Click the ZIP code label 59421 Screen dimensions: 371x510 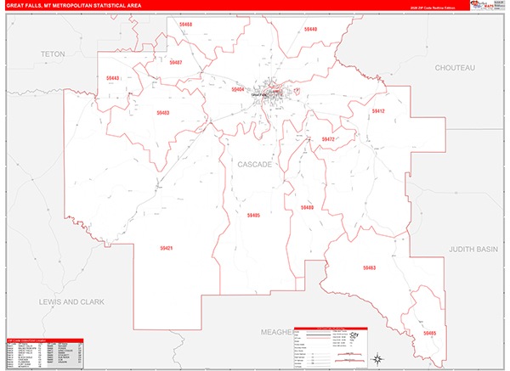point(166,248)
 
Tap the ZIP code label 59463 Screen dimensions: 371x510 point(368,267)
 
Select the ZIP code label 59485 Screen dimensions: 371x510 point(429,334)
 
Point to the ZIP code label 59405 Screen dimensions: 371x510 point(253,216)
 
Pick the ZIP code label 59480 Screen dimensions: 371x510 point(306,207)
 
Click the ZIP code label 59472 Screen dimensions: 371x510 point(329,138)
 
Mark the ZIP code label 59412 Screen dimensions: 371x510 point(378,111)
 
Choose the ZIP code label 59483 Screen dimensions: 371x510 point(162,112)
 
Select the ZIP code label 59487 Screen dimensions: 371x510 point(175,62)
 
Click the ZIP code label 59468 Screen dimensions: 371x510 point(185,25)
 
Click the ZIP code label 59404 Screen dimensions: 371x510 point(238,88)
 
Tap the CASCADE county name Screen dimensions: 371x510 point(256,165)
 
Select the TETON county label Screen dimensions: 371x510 point(53,53)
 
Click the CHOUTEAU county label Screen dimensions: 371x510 point(455,66)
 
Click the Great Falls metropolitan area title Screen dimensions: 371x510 point(75,5)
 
